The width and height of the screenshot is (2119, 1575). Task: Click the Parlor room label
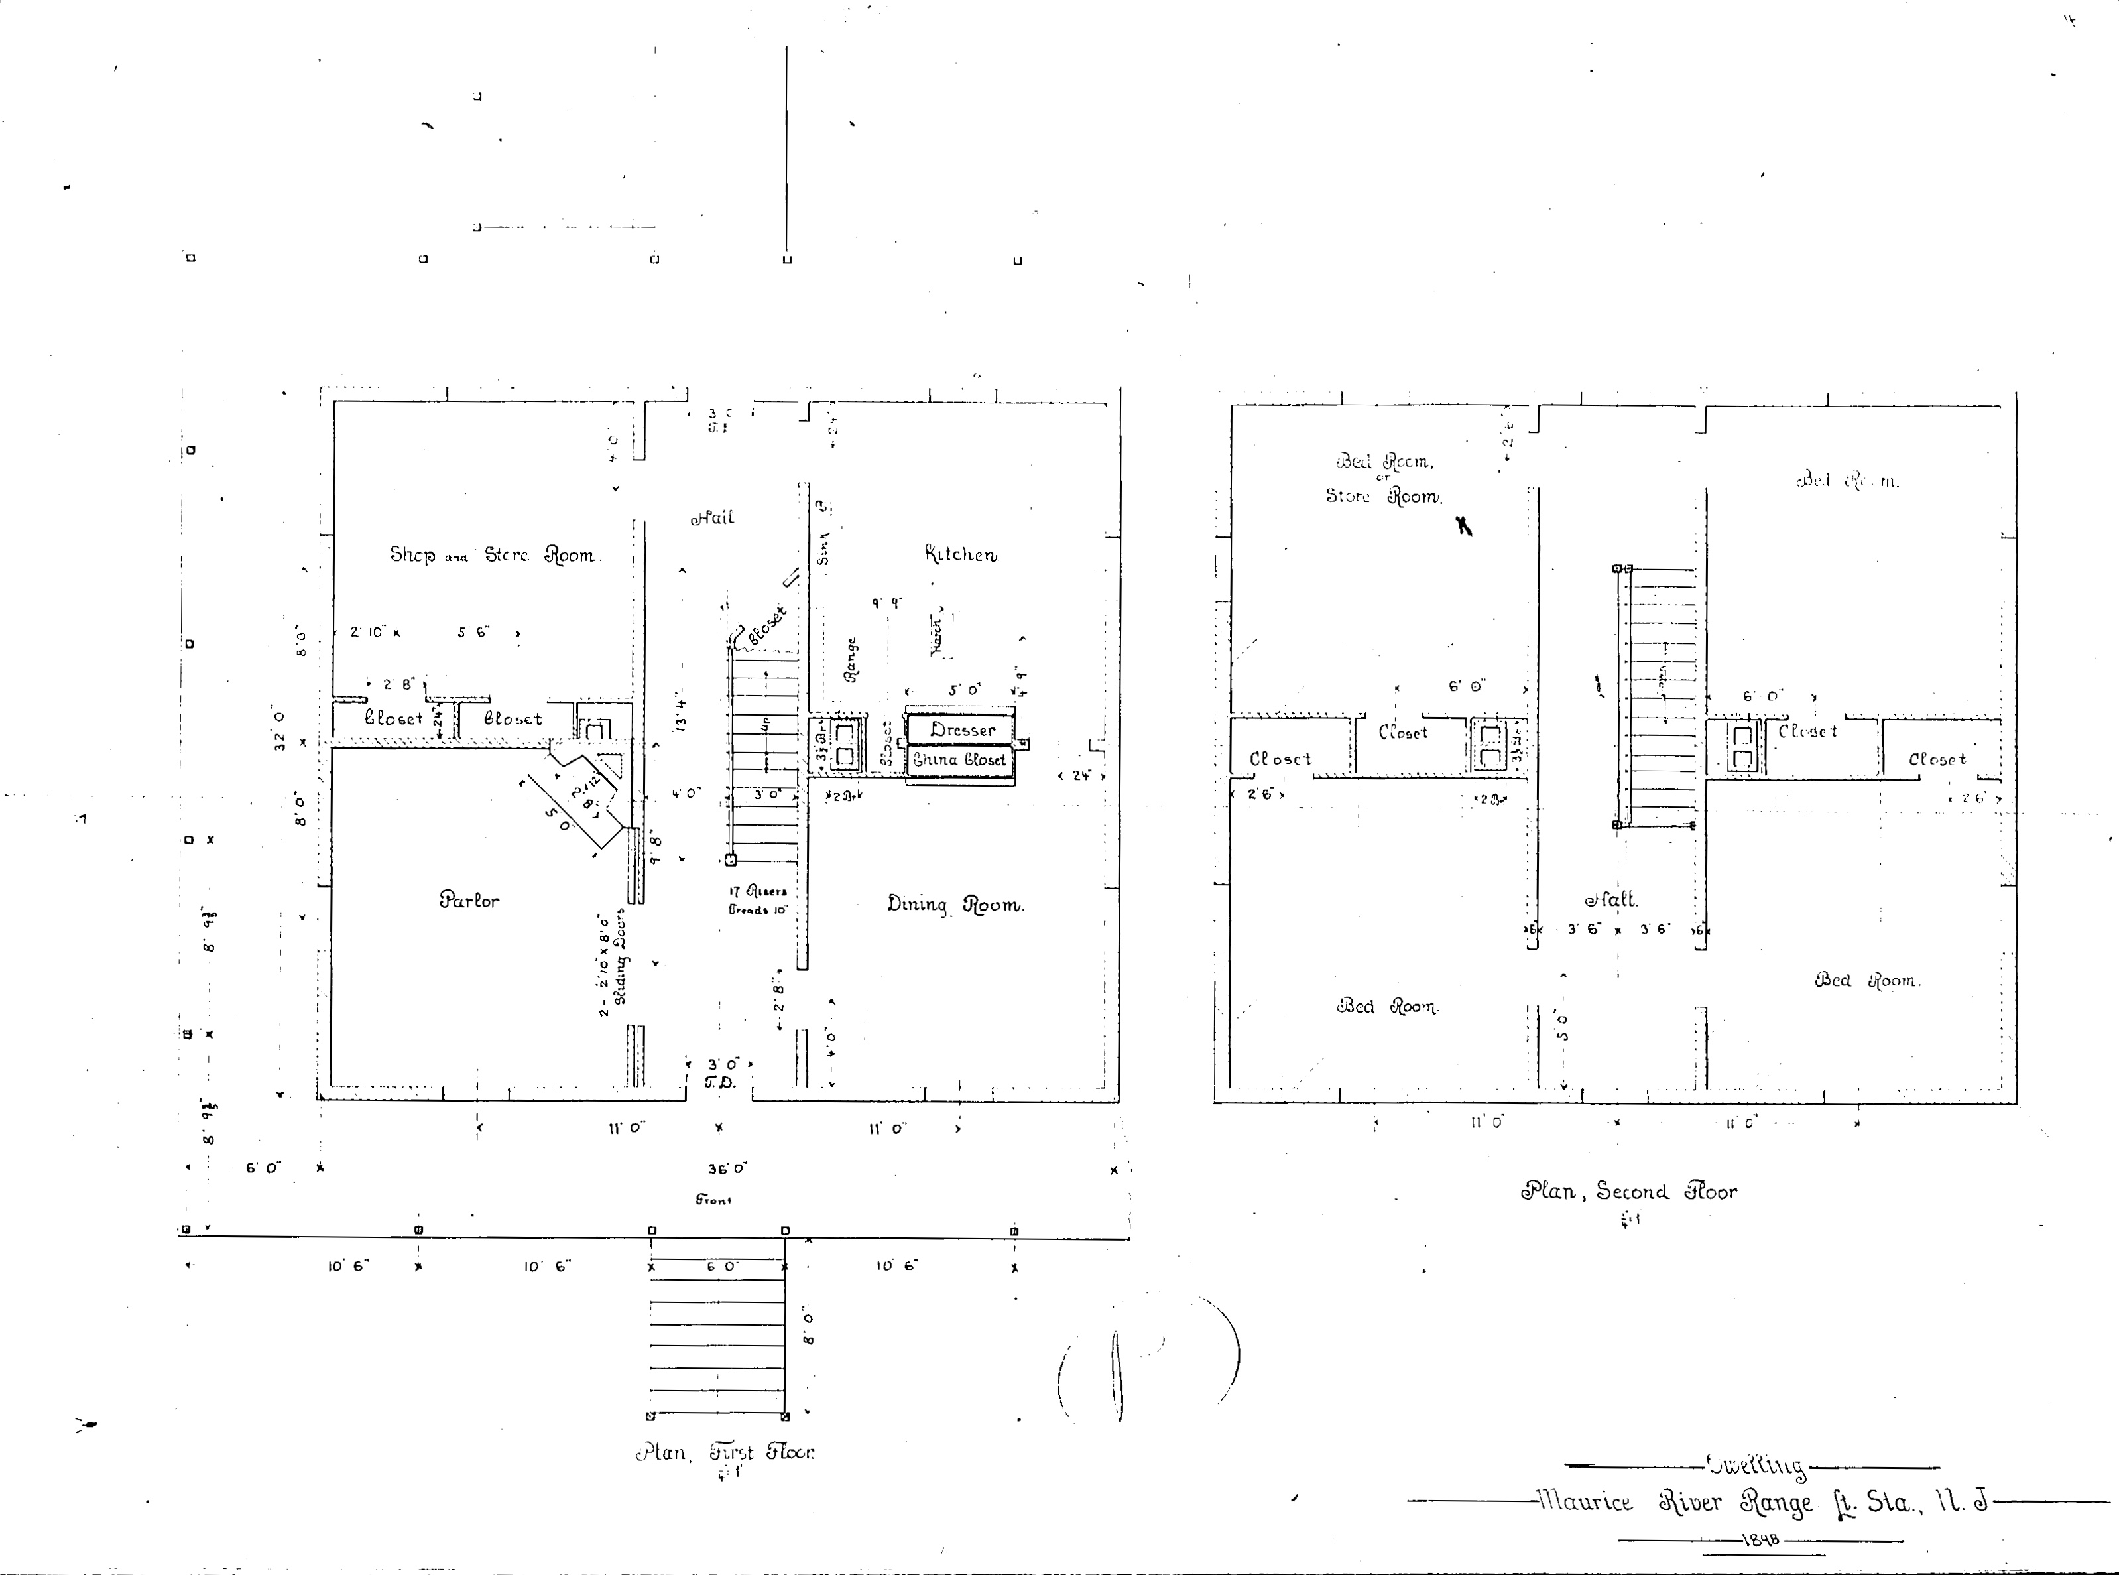pos(469,900)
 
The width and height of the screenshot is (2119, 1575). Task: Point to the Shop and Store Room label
pos(492,555)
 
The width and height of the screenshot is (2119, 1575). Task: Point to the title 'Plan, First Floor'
pos(725,1453)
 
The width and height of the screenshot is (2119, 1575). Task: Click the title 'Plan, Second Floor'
pos(1628,1192)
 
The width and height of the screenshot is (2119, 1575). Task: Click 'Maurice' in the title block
pos(1584,1503)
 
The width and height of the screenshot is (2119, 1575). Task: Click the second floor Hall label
pos(1611,899)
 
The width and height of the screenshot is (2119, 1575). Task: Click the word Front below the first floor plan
pos(713,1200)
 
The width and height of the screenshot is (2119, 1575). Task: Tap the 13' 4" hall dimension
pos(680,711)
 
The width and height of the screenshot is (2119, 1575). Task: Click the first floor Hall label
pos(712,519)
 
